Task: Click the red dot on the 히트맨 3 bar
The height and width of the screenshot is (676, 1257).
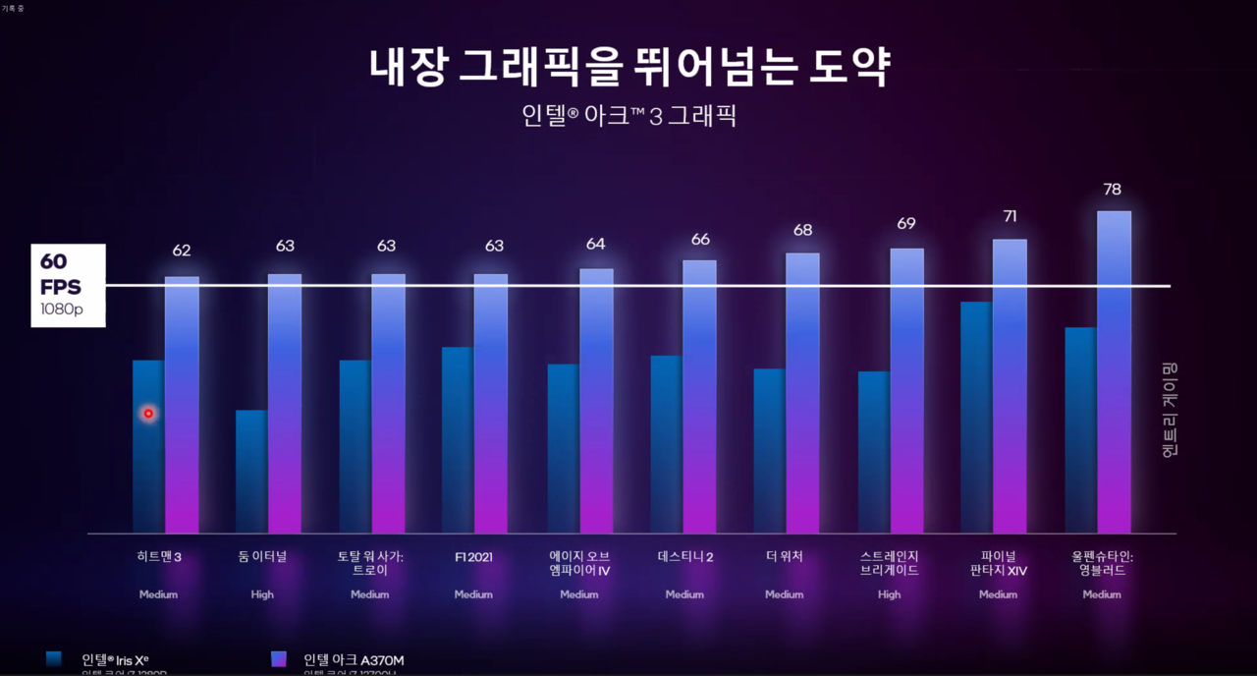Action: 148,414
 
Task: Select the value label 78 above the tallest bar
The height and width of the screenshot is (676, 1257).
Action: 1112,190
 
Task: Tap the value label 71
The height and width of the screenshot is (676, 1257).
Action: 1010,216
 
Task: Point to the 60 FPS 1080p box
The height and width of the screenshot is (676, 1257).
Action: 68,286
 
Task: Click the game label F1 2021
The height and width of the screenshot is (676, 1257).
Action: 473,557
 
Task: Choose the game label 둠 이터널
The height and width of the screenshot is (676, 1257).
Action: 262,557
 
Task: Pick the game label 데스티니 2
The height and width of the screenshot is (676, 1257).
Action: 684,557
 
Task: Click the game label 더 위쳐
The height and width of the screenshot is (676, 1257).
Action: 784,557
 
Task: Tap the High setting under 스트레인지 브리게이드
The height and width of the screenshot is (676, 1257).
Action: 889,594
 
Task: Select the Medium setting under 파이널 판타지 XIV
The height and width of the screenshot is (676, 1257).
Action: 998,594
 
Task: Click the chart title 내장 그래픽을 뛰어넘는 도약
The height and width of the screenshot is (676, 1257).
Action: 629,67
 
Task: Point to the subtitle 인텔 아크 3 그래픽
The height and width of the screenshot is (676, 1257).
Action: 629,116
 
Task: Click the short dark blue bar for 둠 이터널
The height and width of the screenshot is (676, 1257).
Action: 251,472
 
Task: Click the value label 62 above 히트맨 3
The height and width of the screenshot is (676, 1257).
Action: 182,251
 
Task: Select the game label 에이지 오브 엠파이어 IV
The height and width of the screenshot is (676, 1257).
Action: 579,563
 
